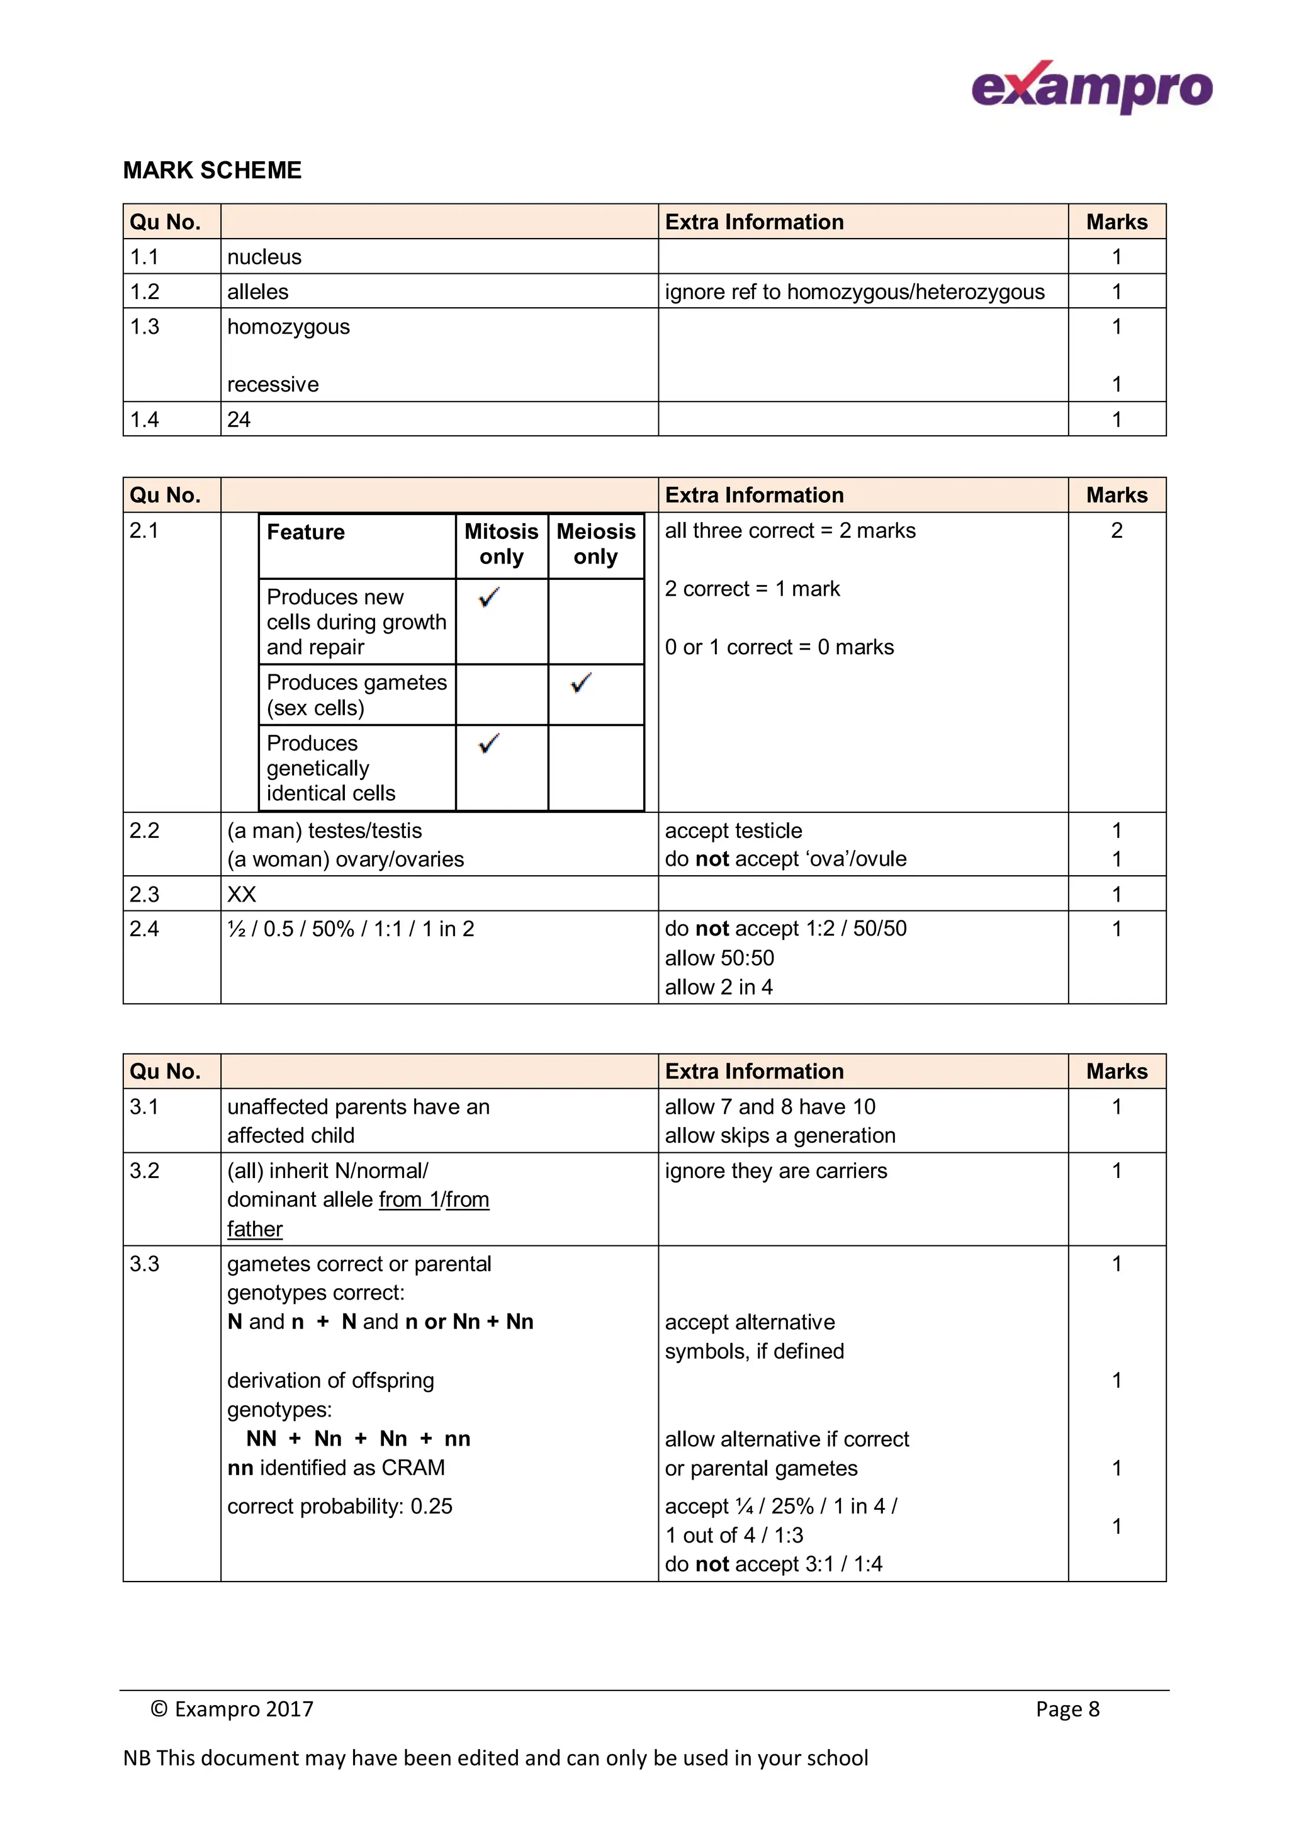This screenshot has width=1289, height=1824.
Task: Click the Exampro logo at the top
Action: pos(1091,88)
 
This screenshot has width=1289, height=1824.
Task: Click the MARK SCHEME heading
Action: pos(212,170)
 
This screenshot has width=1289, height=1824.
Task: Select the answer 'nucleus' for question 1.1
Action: pos(264,257)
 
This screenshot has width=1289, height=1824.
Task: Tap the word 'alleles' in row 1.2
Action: pos(257,292)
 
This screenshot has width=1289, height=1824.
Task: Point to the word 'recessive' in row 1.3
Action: pos(273,385)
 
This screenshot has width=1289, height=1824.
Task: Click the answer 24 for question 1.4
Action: pos(239,419)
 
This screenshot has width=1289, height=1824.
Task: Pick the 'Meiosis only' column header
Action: pos(595,544)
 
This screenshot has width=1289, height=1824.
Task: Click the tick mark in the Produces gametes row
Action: pos(582,683)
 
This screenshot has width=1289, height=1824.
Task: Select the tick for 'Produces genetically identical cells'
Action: pos(489,744)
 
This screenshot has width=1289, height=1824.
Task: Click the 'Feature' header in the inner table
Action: pos(306,532)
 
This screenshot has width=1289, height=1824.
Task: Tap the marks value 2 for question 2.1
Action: pos(1116,531)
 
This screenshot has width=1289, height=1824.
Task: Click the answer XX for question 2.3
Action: pos(242,895)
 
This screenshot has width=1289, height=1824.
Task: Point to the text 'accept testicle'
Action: pos(733,831)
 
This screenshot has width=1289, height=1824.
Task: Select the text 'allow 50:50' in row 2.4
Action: pos(719,958)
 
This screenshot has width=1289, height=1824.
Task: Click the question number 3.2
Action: pos(145,1171)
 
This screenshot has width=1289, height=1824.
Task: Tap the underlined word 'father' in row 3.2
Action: pos(254,1229)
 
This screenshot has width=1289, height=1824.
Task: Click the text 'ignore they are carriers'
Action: pos(775,1171)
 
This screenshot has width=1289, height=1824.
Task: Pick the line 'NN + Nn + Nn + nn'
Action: pos(357,1439)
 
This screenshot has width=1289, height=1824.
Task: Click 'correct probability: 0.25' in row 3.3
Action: pos(339,1506)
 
